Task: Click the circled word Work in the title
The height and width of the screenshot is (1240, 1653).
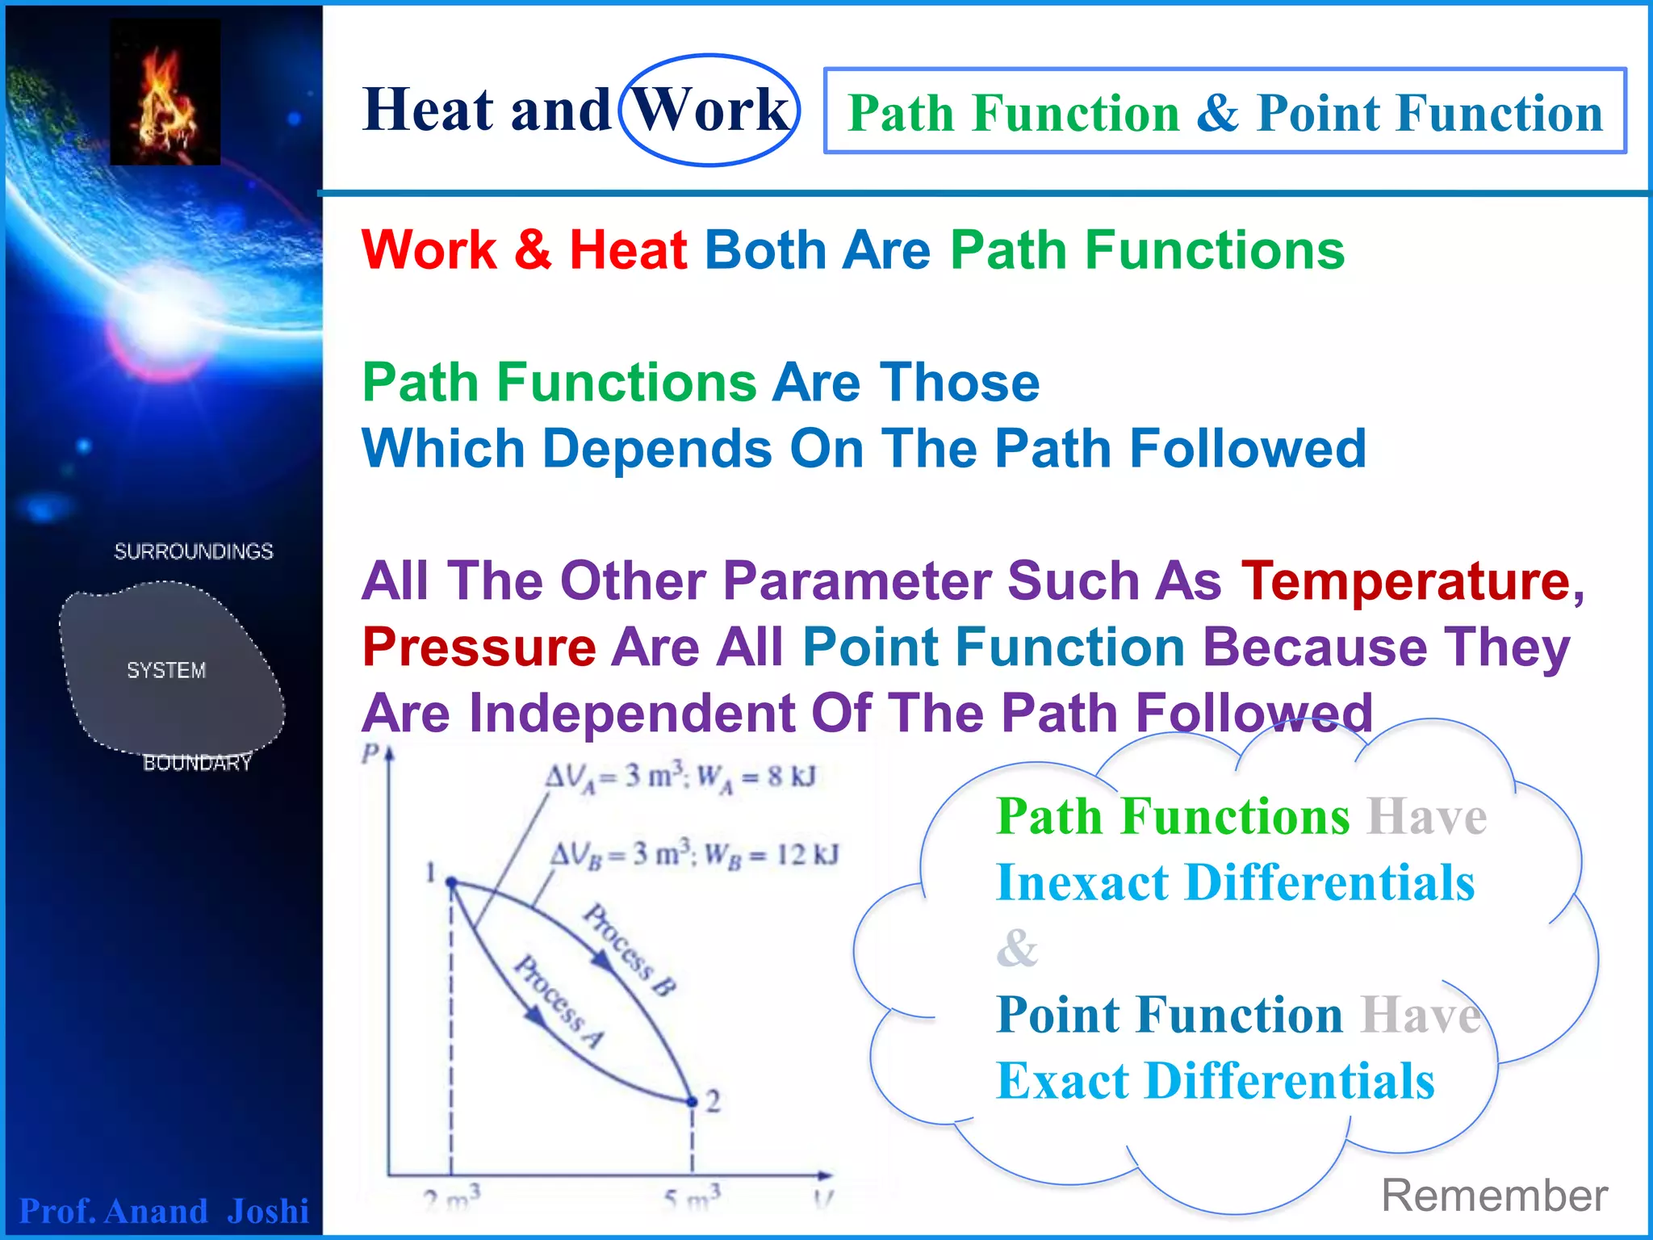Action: point(710,111)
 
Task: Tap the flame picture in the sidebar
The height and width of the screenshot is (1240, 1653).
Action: point(165,93)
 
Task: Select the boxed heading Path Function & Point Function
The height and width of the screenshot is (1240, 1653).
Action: point(1224,111)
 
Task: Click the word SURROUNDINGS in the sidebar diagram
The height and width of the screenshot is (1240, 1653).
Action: point(194,551)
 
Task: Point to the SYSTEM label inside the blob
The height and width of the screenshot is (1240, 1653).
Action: point(166,670)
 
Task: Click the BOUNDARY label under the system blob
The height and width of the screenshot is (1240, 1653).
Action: point(197,763)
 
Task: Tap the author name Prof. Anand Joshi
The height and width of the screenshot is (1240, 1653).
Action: point(164,1210)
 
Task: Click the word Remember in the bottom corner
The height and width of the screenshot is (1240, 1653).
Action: point(1494,1196)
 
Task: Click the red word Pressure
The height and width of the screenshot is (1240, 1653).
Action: point(479,647)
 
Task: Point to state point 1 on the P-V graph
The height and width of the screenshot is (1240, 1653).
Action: point(452,883)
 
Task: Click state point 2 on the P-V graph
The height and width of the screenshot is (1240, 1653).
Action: point(692,1101)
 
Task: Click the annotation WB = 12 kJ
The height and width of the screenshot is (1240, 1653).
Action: point(772,855)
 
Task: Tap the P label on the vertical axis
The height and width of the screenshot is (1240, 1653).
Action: point(370,754)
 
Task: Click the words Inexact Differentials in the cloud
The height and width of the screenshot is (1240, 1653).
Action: point(1235,882)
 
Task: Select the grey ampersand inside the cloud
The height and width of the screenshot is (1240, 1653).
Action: point(1016,948)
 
